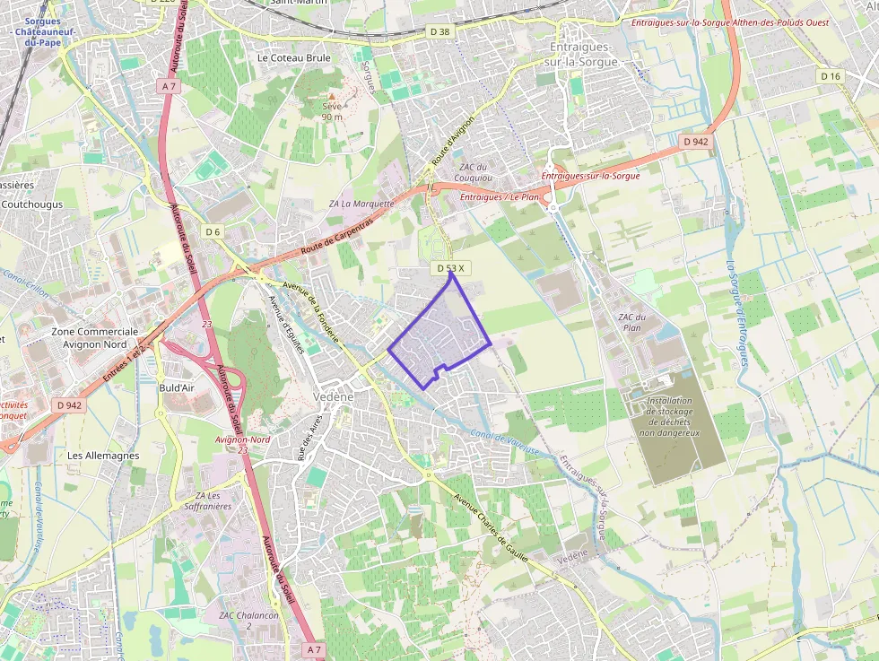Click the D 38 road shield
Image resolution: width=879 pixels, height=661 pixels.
(x=439, y=31)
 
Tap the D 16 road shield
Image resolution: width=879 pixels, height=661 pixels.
(x=831, y=76)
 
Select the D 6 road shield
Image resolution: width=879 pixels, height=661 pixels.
(x=213, y=231)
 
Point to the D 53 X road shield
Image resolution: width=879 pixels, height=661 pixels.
(x=451, y=268)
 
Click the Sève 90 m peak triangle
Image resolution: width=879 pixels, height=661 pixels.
(x=331, y=95)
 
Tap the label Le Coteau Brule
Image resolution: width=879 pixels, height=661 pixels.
(x=294, y=57)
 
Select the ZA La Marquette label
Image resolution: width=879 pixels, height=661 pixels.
(x=361, y=204)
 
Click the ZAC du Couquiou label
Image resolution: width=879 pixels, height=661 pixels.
(x=473, y=171)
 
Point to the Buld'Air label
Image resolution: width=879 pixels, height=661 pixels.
(x=177, y=387)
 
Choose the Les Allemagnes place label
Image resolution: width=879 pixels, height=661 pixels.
(x=103, y=456)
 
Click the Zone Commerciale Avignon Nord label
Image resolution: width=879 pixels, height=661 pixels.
(x=95, y=337)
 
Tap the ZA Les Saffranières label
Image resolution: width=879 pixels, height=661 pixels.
(x=207, y=500)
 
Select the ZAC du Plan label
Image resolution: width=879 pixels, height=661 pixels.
(x=631, y=322)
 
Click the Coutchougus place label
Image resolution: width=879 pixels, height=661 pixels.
(x=32, y=204)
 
